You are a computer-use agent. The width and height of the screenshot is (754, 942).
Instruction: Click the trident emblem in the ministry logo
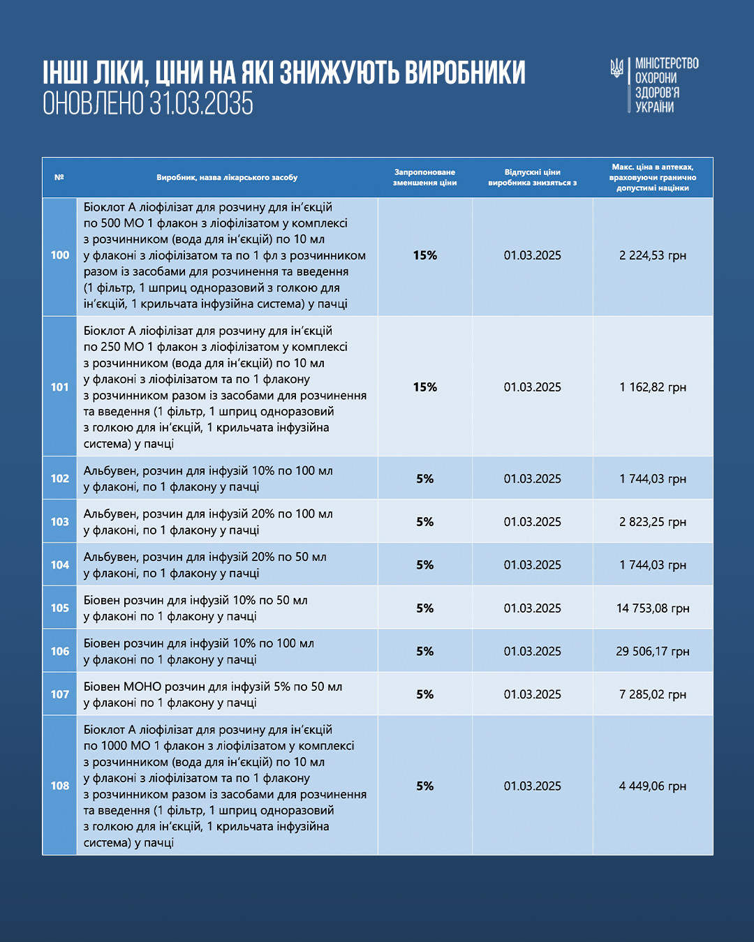coord(616,68)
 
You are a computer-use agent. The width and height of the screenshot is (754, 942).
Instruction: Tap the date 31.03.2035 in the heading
coord(201,104)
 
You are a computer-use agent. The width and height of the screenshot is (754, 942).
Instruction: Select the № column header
coord(59,177)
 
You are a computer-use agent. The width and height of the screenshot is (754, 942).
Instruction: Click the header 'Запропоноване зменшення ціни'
coord(424,177)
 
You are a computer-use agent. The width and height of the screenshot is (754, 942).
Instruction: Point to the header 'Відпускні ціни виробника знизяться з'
coord(532,177)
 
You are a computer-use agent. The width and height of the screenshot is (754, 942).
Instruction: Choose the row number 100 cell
coord(60,255)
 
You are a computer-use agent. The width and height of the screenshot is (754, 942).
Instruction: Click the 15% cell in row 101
coord(424,387)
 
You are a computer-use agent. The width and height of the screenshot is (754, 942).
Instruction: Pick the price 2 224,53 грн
coord(653,255)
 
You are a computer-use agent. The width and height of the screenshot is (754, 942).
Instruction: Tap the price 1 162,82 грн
coord(653,387)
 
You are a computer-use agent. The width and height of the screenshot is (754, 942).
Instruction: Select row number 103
coord(60,522)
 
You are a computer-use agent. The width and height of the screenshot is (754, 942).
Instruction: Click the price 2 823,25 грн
coord(653,522)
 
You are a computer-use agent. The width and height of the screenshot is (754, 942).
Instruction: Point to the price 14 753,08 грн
coord(653,608)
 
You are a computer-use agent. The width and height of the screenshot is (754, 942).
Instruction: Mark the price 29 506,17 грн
coord(653,652)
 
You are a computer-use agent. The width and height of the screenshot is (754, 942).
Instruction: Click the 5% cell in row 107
coord(424,694)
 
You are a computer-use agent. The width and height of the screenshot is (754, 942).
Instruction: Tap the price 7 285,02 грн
coord(653,694)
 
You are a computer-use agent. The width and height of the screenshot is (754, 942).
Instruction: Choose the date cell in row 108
coord(532,786)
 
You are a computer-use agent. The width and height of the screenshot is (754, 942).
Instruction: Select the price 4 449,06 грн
coord(653,786)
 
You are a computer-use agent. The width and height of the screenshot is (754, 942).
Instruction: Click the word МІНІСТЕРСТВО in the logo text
coord(667,63)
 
